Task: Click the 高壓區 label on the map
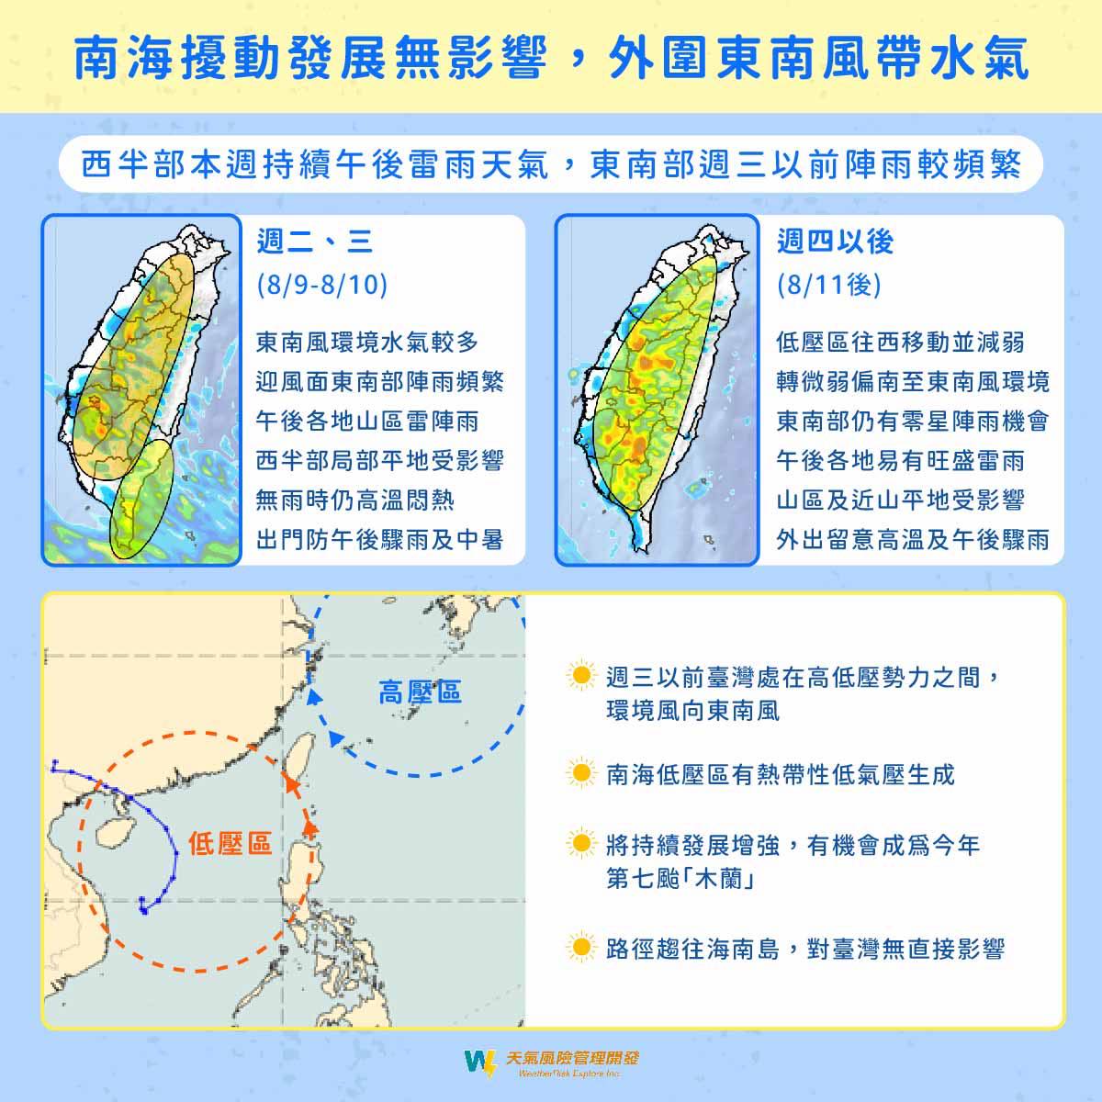(x=420, y=692)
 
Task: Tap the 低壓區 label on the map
(x=231, y=843)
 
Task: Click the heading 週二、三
(x=314, y=242)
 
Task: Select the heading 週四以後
(x=835, y=242)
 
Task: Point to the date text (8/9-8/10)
(x=321, y=285)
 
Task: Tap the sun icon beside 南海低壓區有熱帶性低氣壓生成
(x=580, y=774)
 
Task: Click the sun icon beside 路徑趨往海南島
(x=580, y=947)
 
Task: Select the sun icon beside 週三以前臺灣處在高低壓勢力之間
(x=580, y=677)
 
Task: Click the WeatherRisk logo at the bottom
(x=550, y=1063)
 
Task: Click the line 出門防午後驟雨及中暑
(x=379, y=540)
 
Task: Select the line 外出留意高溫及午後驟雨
(x=912, y=540)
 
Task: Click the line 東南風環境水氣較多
(x=367, y=343)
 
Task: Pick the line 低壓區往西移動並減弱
(x=900, y=343)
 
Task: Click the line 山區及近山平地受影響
(x=900, y=500)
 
